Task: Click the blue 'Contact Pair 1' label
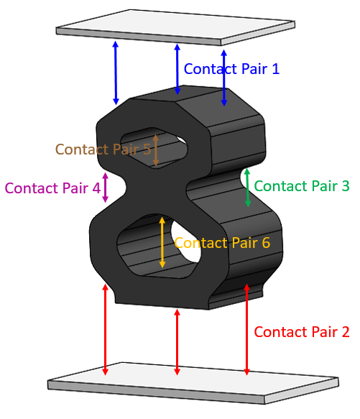tap(231, 69)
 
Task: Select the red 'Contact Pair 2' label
tap(302, 332)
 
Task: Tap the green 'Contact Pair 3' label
tap(302, 186)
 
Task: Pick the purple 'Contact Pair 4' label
tap(52, 188)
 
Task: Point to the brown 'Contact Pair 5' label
tap(103, 149)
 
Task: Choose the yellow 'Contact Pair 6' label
tap(222, 243)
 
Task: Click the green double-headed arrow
tap(247, 188)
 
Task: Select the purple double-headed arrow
tap(106, 188)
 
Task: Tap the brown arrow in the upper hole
tap(156, 150)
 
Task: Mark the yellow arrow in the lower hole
tap(162, 242)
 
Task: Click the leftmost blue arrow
tap(116, 73)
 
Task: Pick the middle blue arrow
tap(177, 69)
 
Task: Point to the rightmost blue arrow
tap(224, 78)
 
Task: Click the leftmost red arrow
tap(106, 329)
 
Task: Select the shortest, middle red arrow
tap(177, 342)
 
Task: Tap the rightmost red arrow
tap(246, 329)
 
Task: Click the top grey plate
tap(175, 27)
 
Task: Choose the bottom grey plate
tap(193, 383)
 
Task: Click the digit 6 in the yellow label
tap(266, 243)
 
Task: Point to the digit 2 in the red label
tap(346, 332)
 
